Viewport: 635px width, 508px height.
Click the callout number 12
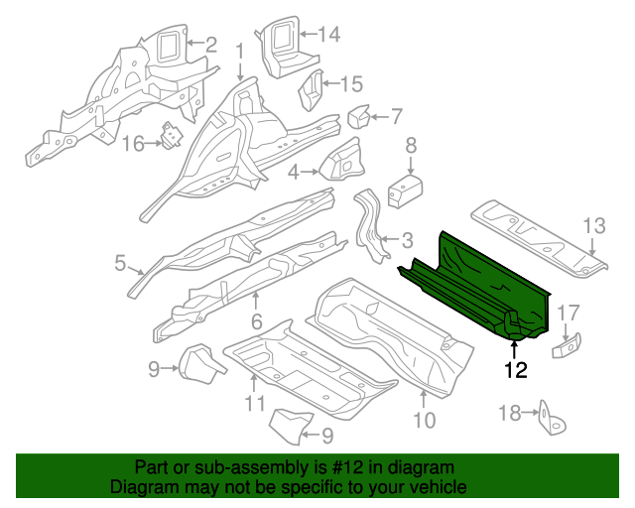[515, 371]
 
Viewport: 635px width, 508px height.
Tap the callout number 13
[593, 226]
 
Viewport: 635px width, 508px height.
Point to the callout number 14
[328, 35]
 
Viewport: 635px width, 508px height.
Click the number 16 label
[133, 145]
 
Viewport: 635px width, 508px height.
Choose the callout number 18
[508, 413]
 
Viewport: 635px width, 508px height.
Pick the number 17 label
[569, 313]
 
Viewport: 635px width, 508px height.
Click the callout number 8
[411, 148]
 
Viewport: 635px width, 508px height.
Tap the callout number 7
[396, 116]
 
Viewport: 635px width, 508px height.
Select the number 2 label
[209, 43]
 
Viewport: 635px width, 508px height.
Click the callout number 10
[424, 420]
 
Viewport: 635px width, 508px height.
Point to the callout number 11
[255, 403]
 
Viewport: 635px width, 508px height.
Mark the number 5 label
[120, 263]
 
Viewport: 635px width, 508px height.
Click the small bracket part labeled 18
[547, 420]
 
